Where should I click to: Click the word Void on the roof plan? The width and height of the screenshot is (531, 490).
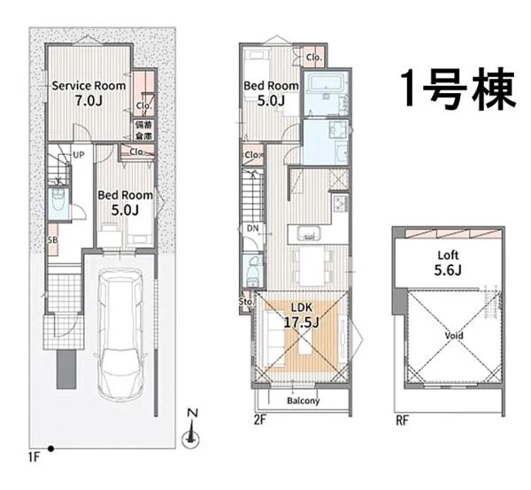[x=452, y=337]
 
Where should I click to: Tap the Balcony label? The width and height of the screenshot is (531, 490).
[x=303, y=401]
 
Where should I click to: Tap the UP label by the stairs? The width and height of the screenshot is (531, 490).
[x=78, y=155]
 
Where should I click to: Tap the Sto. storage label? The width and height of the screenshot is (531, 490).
[x=246, y=301]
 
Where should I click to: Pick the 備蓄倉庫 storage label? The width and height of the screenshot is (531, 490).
[x=143, y=130]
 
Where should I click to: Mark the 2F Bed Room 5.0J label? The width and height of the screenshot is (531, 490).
[x=271, y=92]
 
